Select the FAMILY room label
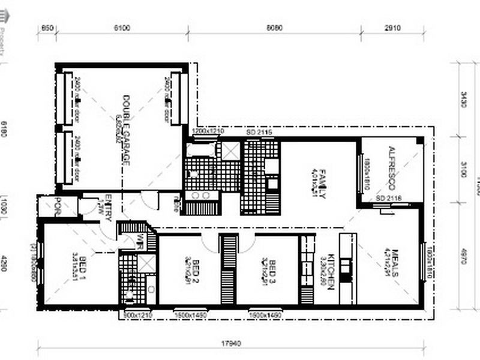322,184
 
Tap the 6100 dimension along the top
123,28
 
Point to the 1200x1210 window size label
207,131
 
